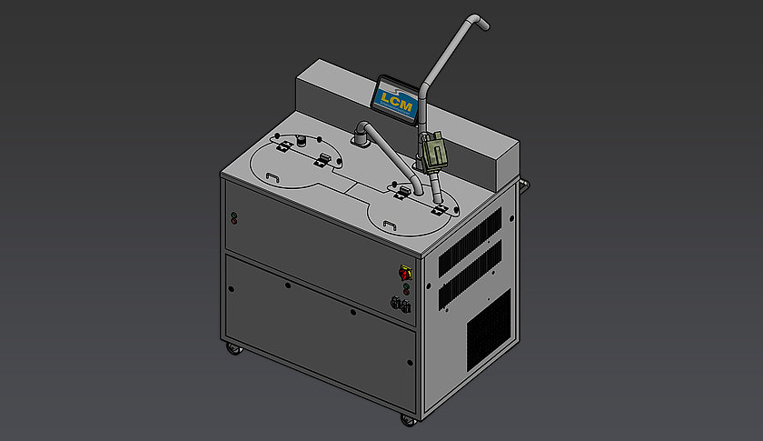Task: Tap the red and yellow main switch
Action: click(405, 273)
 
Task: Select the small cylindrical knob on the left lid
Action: click(302, 141)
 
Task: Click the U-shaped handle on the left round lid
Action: click(272, 177)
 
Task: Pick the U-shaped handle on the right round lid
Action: click(390, 226)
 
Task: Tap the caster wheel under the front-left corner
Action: click(234, 348)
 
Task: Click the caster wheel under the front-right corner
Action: click(408, 420)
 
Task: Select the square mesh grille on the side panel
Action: click(489, 330)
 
